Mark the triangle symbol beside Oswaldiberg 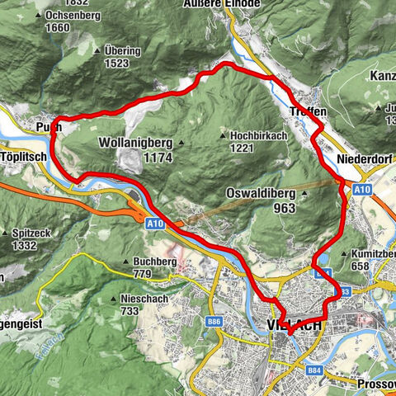click(304, 195)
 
